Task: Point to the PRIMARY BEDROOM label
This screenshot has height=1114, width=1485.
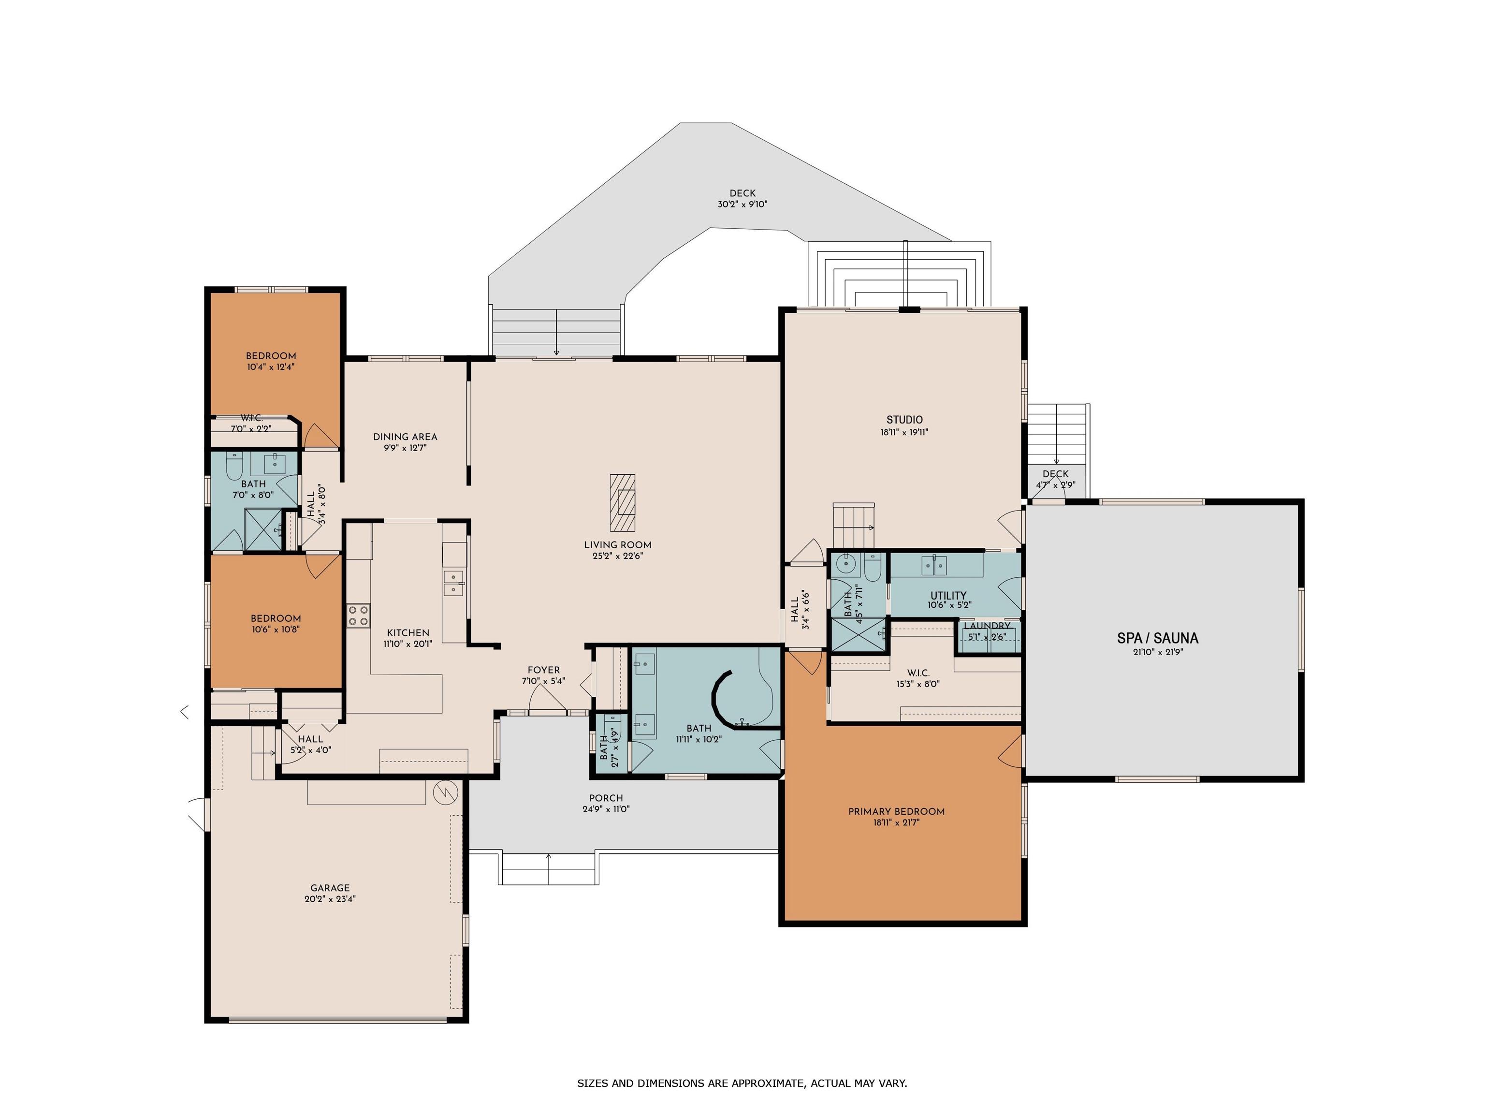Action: [896, 811]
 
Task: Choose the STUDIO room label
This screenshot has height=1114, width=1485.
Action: [904, 420]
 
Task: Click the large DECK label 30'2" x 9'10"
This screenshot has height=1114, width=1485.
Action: [742, 199]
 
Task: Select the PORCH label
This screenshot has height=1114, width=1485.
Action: [606, 798]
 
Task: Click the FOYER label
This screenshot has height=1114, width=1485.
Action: [544, 670]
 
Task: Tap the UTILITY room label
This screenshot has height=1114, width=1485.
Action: [948, 595]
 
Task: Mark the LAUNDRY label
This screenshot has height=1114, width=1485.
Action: [987, 626]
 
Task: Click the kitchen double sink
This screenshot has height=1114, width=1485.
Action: [454, 583]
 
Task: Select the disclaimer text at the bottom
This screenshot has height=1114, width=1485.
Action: [742, 1083]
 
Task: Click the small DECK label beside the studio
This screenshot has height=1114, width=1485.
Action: [1055, 473]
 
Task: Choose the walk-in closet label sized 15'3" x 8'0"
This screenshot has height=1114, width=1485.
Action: [917, 673]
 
